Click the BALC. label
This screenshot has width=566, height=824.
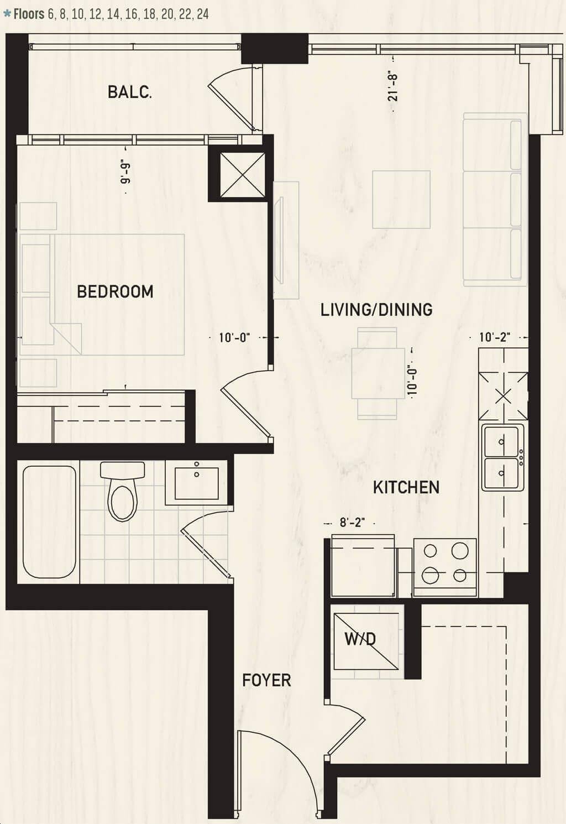(x=130, y=92)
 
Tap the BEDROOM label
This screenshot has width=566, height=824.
(x=115, y=291)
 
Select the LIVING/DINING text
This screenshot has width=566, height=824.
(x=376, y=310)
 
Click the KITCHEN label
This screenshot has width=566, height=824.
(x=406, y=487)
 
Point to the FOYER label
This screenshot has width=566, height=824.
(x=266, y=681)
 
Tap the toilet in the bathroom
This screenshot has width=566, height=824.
(x=123, y=491)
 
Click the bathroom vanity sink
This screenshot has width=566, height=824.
(x=196, y=483)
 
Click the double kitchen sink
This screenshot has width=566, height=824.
(x=503, y=457)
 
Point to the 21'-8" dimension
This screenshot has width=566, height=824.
(x=393, y=87)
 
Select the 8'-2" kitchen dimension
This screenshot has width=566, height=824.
(x=352, y=523)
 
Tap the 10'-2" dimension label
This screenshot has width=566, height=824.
(x=495, y=337)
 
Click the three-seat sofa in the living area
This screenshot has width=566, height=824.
(x=495, y=200)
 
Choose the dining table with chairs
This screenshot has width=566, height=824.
(x=378, y=373)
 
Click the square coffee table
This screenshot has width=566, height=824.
(x=401, y=200)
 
